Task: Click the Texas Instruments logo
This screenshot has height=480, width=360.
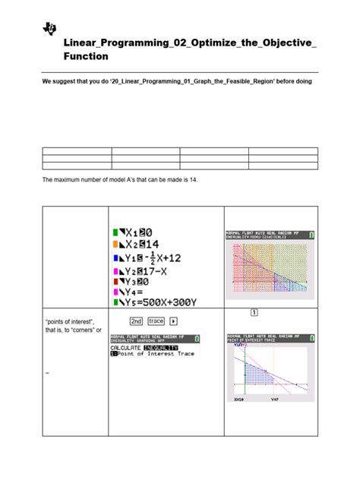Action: (x=50, y=29)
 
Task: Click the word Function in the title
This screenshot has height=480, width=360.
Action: (x=86, y=56)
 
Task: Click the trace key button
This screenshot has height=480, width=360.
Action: (x=156, y=321)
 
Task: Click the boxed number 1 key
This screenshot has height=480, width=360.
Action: (x=252, y=313)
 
